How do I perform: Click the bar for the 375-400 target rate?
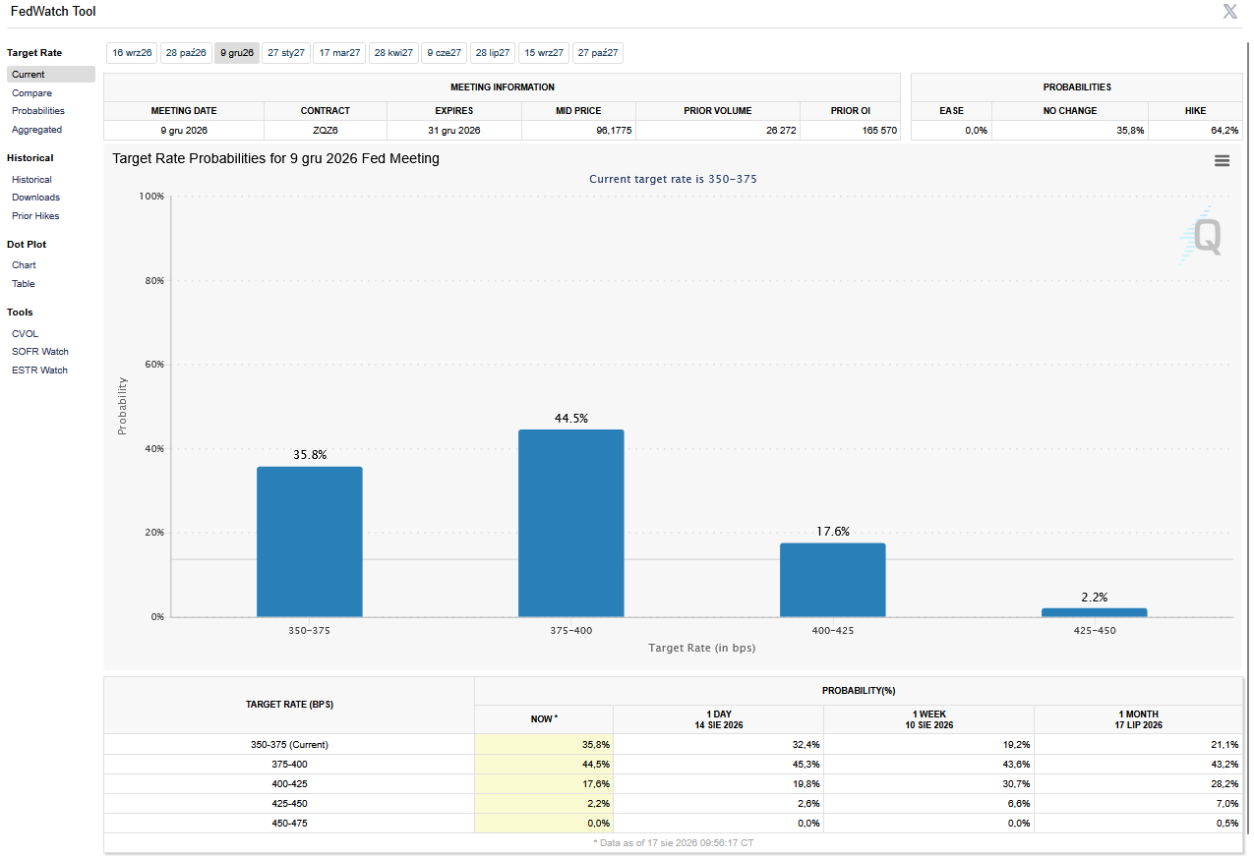pyautogui.click(x=571, y=523)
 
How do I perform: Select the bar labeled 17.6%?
pyautogui.click(x=832, y=580)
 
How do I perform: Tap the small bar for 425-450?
pyautogui.click(x=1094, y=612)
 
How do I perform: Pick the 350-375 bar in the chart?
pyautogui.click(x=310, y=542)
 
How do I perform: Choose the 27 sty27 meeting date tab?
pyautogui.click(x=286, y=53)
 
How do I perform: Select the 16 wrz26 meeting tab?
pyautogui.click(x=132, y=53)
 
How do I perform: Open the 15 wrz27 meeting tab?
pyautogui.click(x=544, y=53)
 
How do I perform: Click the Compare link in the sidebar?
pyautogui.click(x=31, y=93)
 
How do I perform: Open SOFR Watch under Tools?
pyautogui.click(x=40, y=352)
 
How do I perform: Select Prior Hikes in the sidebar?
pyautogui.click(x=35, y=216)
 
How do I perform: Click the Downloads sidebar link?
pyautogui.click(x=35, y=198)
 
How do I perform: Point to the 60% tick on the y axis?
pyautogui.click(x=154, y=365)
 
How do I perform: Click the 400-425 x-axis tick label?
pyautogui.click(x=832, y=631)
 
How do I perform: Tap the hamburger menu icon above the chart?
pyautogui.click(x=1222, y=161)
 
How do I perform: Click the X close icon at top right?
pyautogui.click(x=1229, y=11)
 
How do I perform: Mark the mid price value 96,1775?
pyautogui.click(x=614, y=131)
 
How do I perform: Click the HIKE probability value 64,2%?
pyautogui.click(x=1224, y=131)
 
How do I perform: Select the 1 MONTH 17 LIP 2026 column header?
pyautogui.click(x=1138, y=719)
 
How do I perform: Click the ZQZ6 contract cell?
pyautogui.click(x=326, y=131)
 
